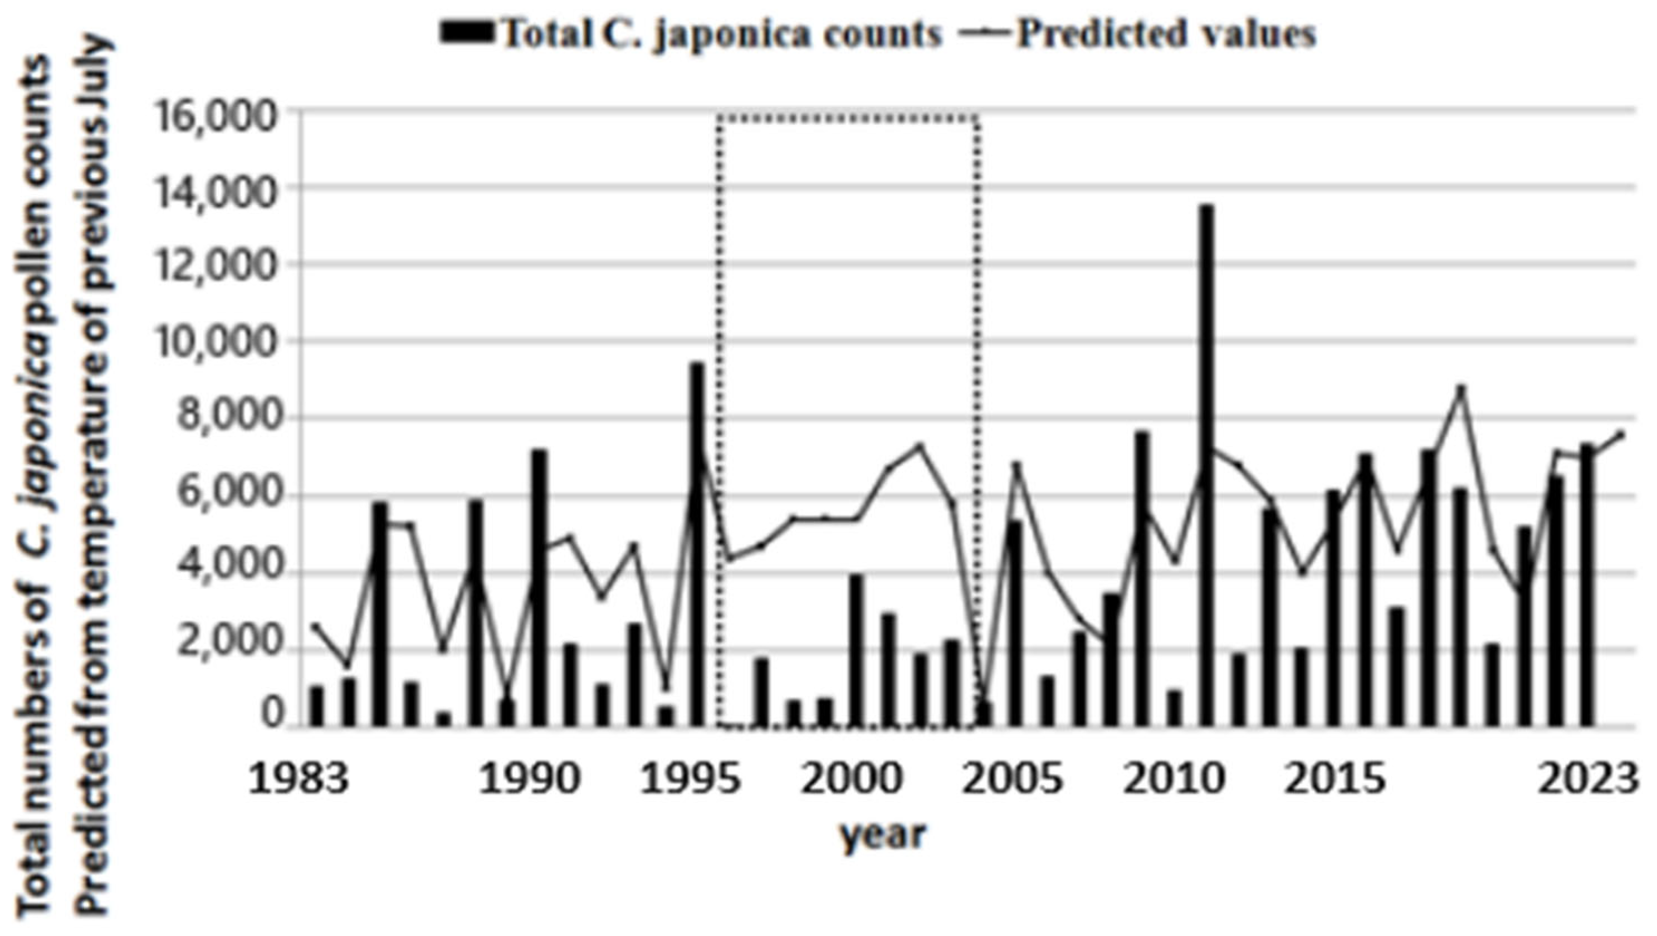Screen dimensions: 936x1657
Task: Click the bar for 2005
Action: point(1015,624)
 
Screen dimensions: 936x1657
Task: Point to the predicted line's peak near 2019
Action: point(1461,388)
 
